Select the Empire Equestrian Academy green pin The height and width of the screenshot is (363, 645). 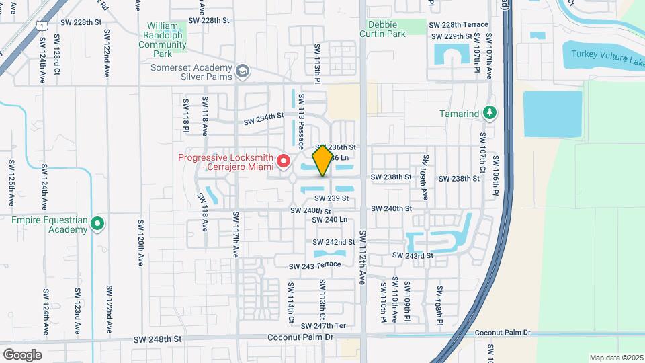[x=98, y=223]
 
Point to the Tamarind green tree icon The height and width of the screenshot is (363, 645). [x=490, y=113]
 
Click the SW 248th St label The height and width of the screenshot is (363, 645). [x=158, y=340]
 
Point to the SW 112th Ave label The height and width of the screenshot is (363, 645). [x=362, y=257]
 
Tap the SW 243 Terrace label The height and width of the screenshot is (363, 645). [x=314, y=266]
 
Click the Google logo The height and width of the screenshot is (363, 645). [x=22, y=354]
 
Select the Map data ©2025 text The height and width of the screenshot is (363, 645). [x=615, y=358]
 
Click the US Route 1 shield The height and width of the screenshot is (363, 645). [x=42, y=25]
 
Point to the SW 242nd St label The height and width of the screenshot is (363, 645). [x=334, y=242]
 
